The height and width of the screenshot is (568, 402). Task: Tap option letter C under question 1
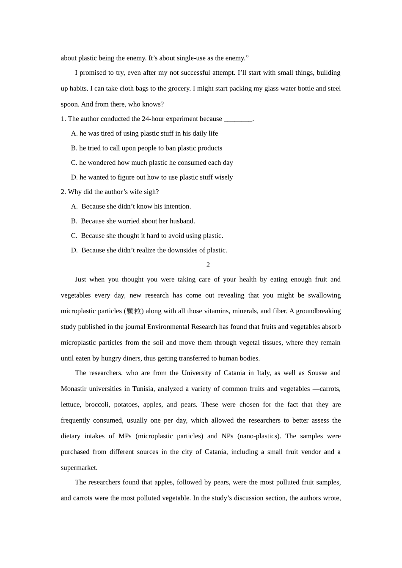click(x=74, y=163)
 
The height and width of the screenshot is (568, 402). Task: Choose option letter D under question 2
click(x=74, y=250)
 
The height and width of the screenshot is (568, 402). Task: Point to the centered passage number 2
click(x=208, y=265)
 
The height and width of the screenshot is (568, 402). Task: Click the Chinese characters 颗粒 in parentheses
click(x=134, y=311)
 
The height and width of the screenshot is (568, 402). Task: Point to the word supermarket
click(x=79, y=468)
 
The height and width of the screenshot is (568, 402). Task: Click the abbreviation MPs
click(x=125, y=436)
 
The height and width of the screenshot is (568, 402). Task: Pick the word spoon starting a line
click(x=69, y=104)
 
